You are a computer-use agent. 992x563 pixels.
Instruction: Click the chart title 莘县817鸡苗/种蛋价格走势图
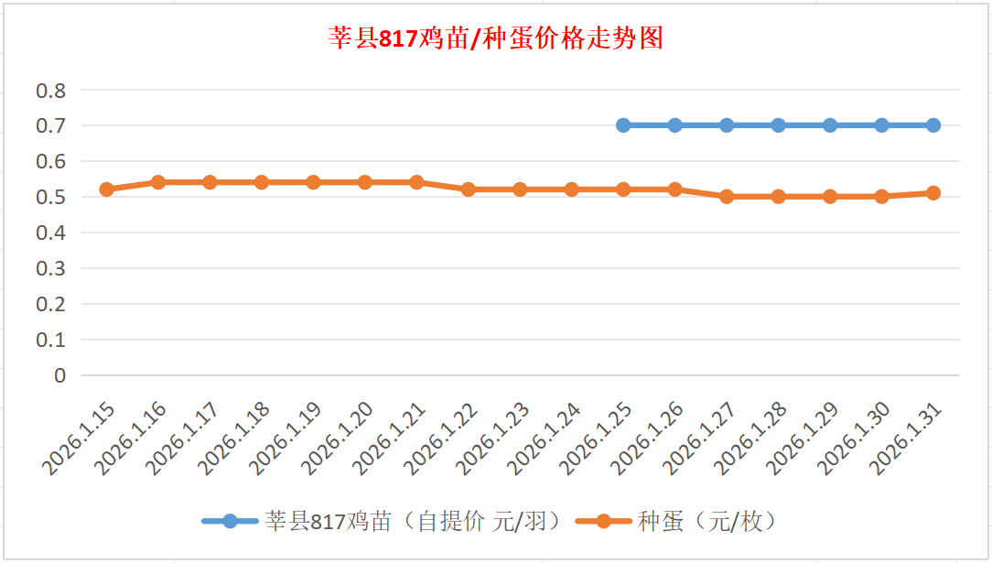[x=495, y=39]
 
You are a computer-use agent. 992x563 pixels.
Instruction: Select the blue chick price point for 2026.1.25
[x=623, y=125]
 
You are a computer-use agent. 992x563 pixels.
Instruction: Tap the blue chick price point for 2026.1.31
[x=933, y=125]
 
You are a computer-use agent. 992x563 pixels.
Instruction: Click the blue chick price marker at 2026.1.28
[x=779, y=125]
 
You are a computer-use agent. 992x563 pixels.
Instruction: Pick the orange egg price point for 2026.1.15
[x=106, y=189]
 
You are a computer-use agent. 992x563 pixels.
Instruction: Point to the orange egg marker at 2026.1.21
[x=416, y=182]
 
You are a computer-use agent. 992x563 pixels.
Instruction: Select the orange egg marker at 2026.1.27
[x=727, y=196]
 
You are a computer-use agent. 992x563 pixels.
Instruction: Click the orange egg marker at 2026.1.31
[x=933, y=193]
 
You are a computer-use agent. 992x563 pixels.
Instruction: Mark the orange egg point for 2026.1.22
[x=469, y=189]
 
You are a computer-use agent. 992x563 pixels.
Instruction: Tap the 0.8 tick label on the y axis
[x=51, y=91]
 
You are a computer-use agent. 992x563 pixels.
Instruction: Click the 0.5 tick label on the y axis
[x=51, y=197]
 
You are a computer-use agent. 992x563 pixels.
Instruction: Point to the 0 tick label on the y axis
[x=60, y=375]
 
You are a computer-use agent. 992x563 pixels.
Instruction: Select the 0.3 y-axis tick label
[x=51, y=268]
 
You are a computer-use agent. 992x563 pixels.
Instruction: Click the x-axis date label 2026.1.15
[x=80, y=440]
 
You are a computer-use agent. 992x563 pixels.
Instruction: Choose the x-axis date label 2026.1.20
[x=338, y=440]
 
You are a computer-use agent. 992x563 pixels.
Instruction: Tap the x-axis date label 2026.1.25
[x=597, y=440]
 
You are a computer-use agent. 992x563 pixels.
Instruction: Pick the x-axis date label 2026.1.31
[x=907, y=440]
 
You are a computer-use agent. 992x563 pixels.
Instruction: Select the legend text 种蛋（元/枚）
[x=709, y=522]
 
